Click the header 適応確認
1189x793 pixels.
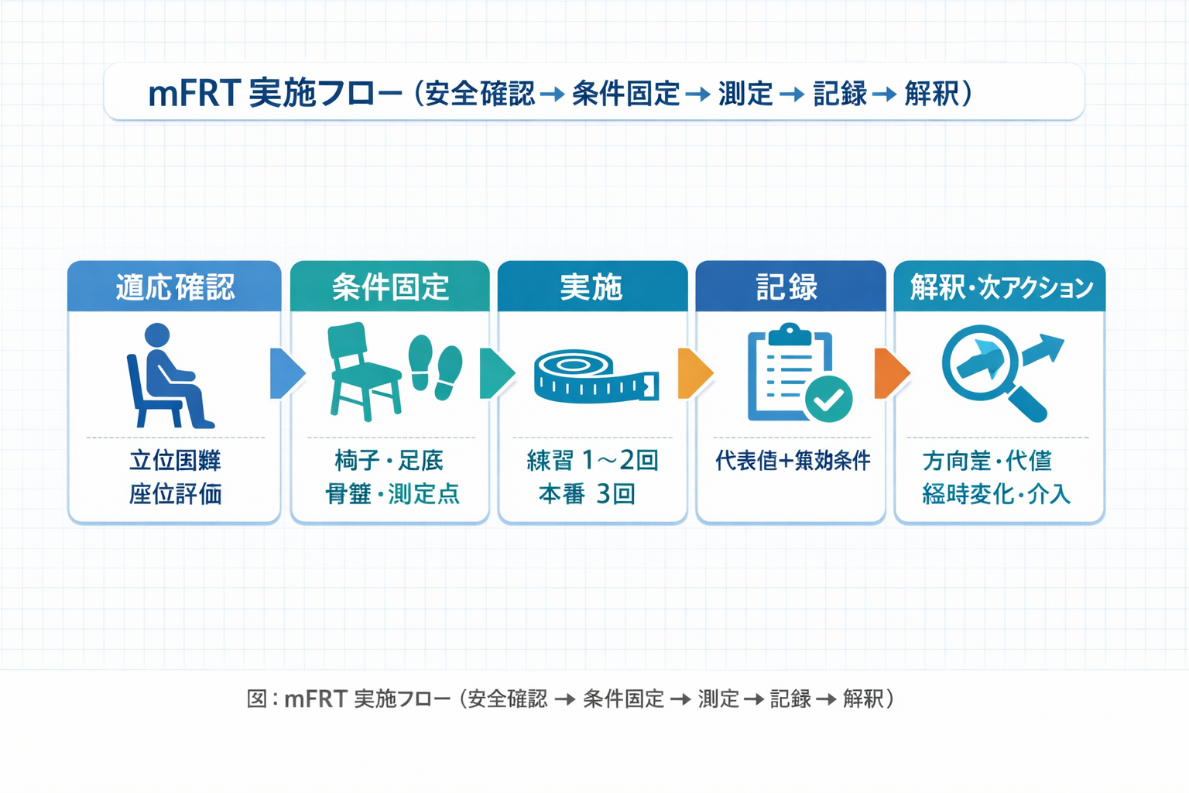(x=175, y=287)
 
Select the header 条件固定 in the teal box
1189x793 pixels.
(x=390, y=287)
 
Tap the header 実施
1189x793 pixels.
(x=591, y=287)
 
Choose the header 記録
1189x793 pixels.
(x=788, y=287)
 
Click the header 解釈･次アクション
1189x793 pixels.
(x=1001, y=287)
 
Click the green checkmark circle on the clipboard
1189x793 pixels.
(x=828, y=399)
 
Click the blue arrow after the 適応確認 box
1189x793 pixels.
(x=286, y=373)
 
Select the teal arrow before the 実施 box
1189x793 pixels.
(x=495, y=373)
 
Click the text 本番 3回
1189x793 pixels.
(x=587, y=494)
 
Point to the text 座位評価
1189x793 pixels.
(x=175, y=494)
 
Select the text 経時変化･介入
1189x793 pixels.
(x=995, y=494)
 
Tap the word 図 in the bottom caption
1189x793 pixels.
(x=256, y=699)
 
